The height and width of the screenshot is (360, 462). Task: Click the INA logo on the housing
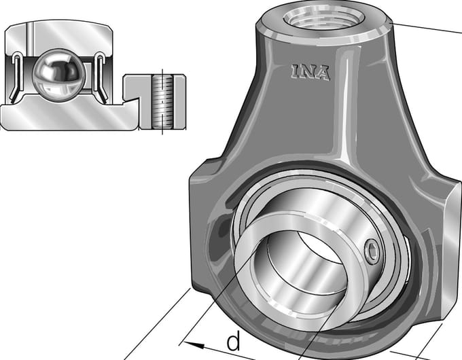point(310,72)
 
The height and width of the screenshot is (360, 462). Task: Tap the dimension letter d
point(233,341)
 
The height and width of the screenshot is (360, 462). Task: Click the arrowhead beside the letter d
point(194,344)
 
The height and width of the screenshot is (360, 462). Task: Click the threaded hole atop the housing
point(324,17)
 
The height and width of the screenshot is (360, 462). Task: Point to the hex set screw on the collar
point(372,251)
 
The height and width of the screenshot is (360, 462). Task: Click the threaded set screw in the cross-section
point(162,102)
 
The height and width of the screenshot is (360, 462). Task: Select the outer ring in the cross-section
point(59,37)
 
